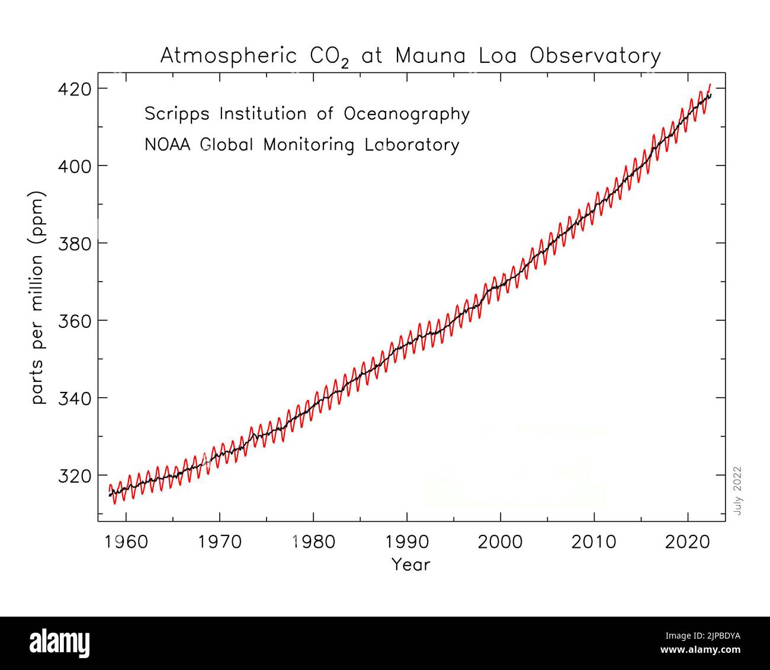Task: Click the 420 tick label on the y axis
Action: click(x=74, y=89)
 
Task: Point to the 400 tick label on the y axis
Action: click(x=74, y=166)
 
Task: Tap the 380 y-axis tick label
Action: click(x=74, y=243)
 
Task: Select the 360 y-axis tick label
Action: click(x=74, y=321)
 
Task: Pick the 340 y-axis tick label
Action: click(x=74, y=398)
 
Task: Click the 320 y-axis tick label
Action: click(x=74, y=476)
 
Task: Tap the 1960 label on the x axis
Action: click(x=126, y=541)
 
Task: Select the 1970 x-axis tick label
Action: click(x=219, y=541)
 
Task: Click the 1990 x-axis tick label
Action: click(x=407, y=541)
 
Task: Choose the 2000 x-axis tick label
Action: click(x=500, y=541)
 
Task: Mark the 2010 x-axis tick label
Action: click(x=594, y=541)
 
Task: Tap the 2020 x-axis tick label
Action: click(x=688, y=541)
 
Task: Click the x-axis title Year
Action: click(x=410, y=564)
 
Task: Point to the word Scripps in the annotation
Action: click(x=177, y=114)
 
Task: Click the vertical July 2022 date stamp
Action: click(x=737, y=490)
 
